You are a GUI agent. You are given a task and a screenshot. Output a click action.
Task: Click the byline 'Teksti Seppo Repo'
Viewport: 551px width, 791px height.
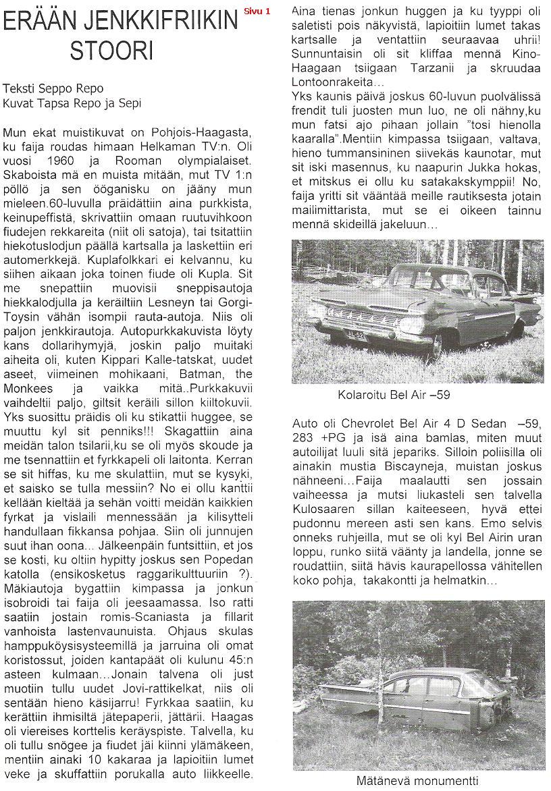click(x=53, y=88)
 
